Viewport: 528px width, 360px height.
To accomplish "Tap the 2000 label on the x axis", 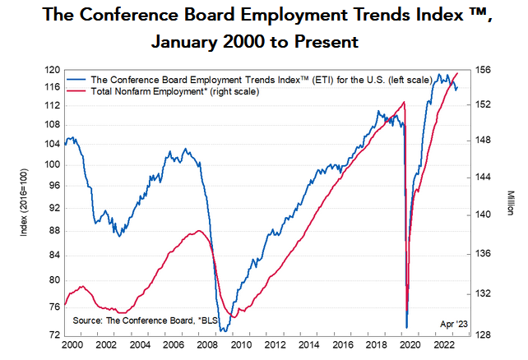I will pyautogui.click(x=74, y=345).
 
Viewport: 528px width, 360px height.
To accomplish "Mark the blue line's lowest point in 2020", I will pyautogui.click(x=407, y=327).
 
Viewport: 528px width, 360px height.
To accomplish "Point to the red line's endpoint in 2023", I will pyautogui.click(x=458, y=73).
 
